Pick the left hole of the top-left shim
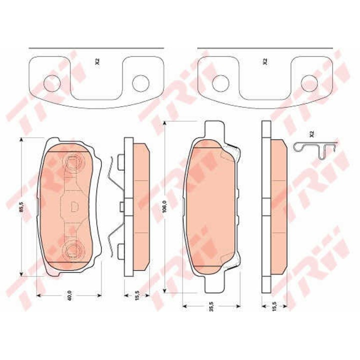tap(52, 83)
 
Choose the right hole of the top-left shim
tap(140, 83)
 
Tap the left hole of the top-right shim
tap(220, 83)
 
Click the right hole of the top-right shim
tap(309, 83)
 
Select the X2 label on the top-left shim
tap(98, 61)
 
